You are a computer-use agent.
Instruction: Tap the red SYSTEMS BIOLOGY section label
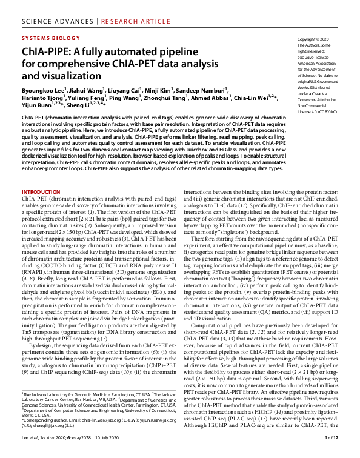[50, 37]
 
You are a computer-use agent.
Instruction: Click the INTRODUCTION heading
[41, 191]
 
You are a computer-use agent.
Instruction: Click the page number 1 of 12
[332, 453]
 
